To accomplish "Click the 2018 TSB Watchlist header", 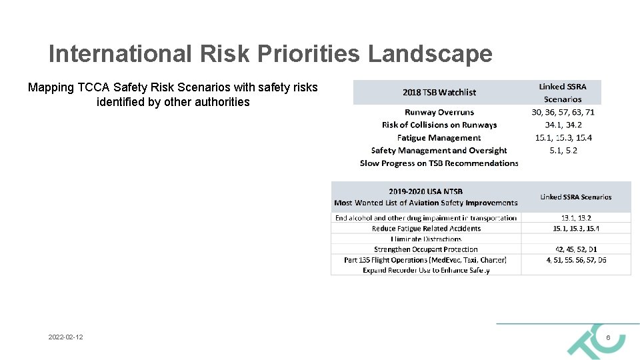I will pos(439,92).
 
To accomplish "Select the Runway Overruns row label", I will pos(439,112).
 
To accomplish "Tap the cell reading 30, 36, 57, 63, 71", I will pos(563,112).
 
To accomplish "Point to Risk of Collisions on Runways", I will pos(439,125).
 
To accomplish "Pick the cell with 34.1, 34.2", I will pos(563,125).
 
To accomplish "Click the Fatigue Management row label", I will pos(439,137).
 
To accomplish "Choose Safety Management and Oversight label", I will pos(439,150).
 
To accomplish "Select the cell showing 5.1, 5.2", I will pos(563,150).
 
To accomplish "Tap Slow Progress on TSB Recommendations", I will pos(439,163).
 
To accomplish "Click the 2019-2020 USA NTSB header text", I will pos(425,192).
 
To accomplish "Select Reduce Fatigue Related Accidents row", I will pos(426,228).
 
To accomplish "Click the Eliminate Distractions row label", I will pos(426,239).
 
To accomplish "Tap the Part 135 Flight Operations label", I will pos(425,259).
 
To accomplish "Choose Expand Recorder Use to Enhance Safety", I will pos(426,270).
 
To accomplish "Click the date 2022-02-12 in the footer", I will pos(65,338).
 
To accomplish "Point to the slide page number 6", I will pos(608,338).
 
